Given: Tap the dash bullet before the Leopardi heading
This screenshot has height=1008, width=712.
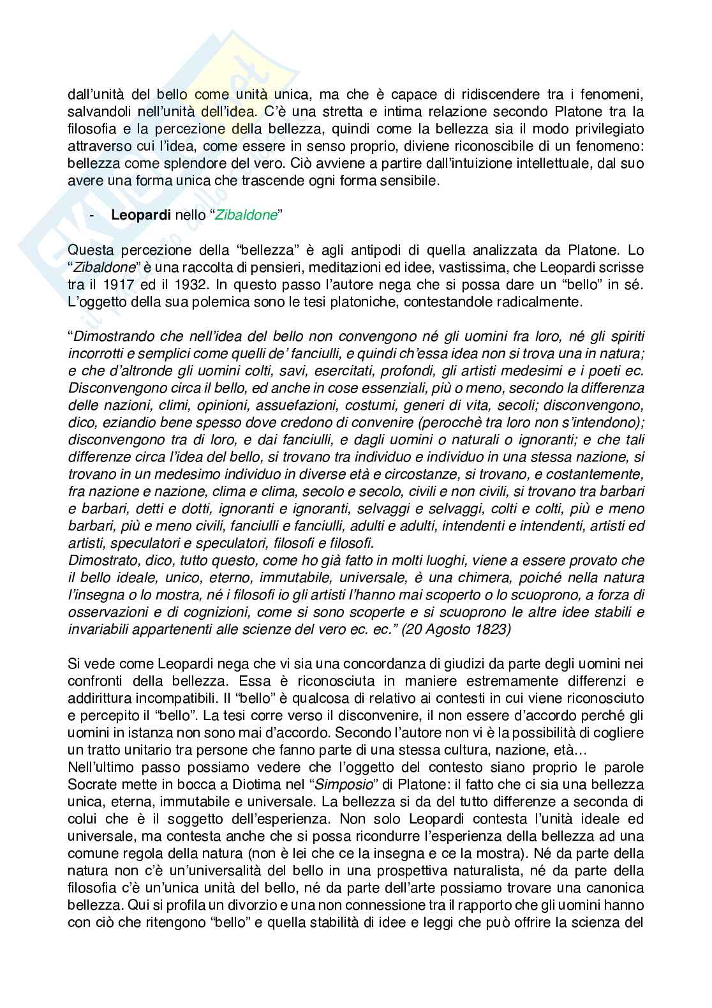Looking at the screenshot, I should tap(93, 215).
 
